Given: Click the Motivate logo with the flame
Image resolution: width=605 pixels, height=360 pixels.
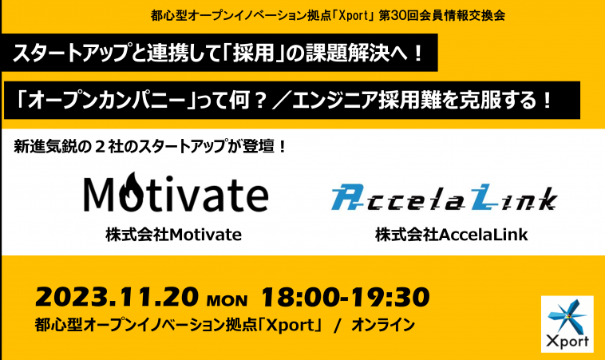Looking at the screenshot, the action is (x=176, y=192).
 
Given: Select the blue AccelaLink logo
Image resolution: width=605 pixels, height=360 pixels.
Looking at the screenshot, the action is (x=444, y=197).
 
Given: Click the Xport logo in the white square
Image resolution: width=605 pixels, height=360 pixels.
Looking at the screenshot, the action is (x=567, y=324).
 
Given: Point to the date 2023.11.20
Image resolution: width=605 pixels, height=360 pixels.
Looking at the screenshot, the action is (x=117, y=297).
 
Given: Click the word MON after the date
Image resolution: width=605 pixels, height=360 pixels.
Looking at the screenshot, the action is (x=227, y=300).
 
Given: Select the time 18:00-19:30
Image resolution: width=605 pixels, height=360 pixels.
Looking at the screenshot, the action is (x=346, y=297).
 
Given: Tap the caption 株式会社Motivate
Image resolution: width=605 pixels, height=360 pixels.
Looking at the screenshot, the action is (x=174, y=235).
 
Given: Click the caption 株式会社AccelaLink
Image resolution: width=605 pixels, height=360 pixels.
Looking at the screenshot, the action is (x=452, y=235).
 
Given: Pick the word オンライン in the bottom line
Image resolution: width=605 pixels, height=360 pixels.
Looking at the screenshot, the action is (x=383, y=325).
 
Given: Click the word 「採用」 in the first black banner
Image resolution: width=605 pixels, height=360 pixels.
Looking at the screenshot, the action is (x=254, y=53).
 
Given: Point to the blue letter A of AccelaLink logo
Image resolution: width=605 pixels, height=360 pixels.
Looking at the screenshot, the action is (x=347, y=197).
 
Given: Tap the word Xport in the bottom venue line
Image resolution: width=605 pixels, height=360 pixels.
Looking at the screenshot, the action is (x=291, y=325).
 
